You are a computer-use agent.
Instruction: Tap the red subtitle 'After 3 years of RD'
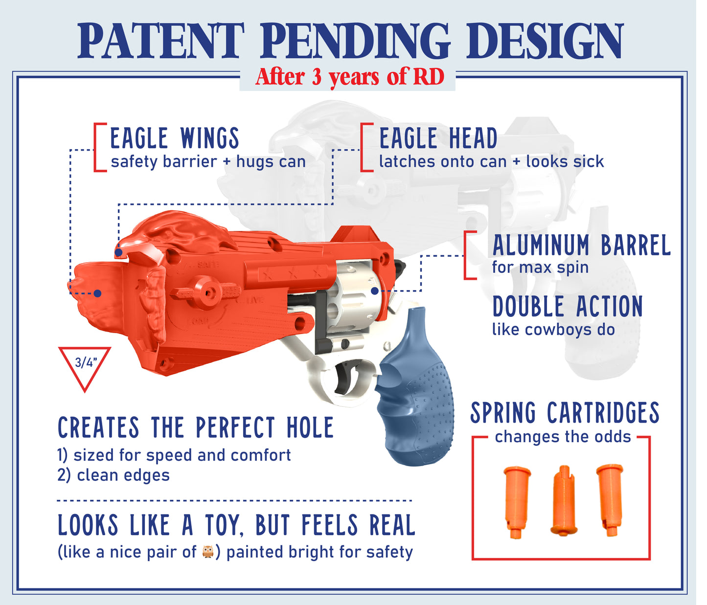(349, 77)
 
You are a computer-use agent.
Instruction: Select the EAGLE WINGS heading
(175, 138)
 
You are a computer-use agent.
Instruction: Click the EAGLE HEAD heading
(438, 138)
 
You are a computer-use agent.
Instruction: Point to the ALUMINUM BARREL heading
(581, 246)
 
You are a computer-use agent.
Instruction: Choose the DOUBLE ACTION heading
(568, 307)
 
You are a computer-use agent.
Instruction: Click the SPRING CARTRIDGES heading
(565, 413)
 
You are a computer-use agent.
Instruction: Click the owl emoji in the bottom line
(208, 552)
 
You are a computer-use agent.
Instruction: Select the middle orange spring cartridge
(564, 500)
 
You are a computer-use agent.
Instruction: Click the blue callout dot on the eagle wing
(97, 293)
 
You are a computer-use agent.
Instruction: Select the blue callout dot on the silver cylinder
(375, 291)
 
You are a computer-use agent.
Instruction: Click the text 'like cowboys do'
(553, 330)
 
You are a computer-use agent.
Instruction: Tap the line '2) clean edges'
(114, 475)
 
